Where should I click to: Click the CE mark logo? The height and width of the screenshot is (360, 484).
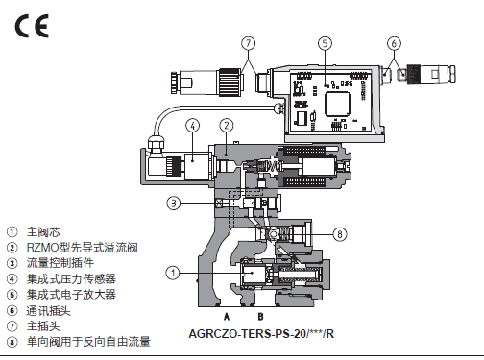(32, 26)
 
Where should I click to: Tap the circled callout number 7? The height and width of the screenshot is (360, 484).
(249, 43)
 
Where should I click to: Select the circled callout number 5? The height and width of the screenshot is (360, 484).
(325, 43)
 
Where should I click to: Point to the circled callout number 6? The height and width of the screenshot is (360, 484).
(394, 43)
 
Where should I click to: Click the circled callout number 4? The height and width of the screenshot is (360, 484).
(193, 126)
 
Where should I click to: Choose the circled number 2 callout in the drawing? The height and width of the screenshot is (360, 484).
(227, 126)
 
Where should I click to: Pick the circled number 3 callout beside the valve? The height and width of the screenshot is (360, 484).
(174, 203)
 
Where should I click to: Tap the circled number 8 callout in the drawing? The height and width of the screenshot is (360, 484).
(340, 234)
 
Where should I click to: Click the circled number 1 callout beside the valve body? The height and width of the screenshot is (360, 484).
(173, 273)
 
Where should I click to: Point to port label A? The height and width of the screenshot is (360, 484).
(227, 317)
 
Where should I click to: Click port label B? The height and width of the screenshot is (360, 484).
(260, 317)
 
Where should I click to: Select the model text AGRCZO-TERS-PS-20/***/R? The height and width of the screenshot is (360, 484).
(261, 334)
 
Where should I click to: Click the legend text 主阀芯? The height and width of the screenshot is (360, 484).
(43, 232)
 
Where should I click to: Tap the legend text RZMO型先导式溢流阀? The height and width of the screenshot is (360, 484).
(83, 248)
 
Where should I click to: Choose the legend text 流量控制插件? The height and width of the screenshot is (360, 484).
(60, 263)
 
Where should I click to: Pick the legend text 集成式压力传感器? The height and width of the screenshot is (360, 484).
(71, 278)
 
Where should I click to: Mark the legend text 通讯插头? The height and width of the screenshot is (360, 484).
(49, 310)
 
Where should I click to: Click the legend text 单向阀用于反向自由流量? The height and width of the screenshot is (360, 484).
(88, 342)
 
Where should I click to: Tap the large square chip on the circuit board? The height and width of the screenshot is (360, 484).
(337, 104)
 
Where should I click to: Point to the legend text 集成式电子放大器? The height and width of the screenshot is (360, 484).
(71, 295)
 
